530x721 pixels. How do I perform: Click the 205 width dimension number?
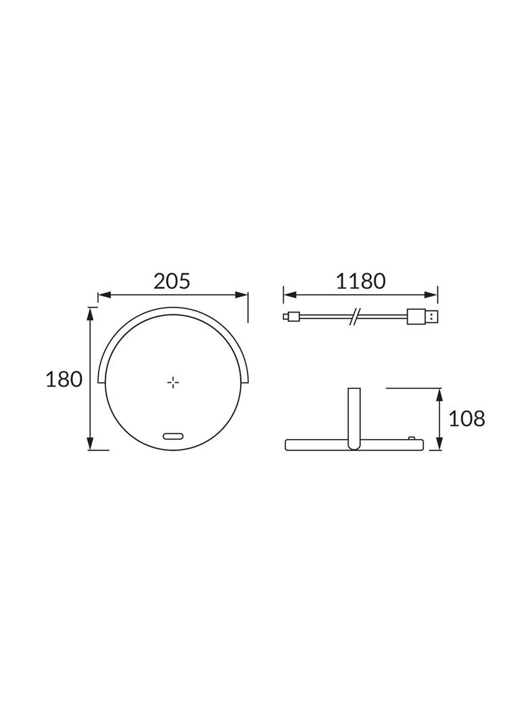pyautogui.click(x=172, y=281)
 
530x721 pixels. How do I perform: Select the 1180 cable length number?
pyautogui.click(x=360, y=281)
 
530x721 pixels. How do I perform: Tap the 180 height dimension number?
pyautogui.click(x=64, y=379)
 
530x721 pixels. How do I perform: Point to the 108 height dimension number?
pyautogui.click(x=466, y=419)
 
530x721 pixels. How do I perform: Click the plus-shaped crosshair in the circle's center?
pyautogui.click(x=173, y=383)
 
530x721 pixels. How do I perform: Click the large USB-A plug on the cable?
pyautogui.click(x=423, y=317)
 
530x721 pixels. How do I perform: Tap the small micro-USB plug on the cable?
pyautogui.click(x=291, y=317)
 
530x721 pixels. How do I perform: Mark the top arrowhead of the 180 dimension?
pyautogui.click(x=90, y=313)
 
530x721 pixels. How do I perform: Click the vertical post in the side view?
pyautogui.click(x=354, y=416)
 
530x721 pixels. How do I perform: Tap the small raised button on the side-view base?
pyautogui.click(x=412, y=438)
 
